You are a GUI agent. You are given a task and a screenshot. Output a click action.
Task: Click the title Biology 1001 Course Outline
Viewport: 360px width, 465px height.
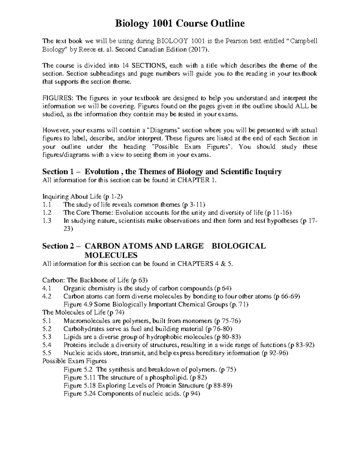(x=180, y=23)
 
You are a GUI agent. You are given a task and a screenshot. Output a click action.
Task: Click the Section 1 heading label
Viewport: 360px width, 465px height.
(x=59, y=172)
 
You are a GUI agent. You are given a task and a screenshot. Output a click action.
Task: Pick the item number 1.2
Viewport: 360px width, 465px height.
(x=47, y=213)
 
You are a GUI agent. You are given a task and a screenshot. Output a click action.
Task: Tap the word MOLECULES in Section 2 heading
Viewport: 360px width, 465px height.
(x=111, y=255)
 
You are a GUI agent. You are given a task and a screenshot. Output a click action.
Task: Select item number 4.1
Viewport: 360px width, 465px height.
(x=47, y=289)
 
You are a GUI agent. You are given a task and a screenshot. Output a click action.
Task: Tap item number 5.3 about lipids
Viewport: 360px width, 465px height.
(x=47, y=337)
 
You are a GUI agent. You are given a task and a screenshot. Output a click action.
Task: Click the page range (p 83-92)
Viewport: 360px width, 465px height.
(x=301, y=345)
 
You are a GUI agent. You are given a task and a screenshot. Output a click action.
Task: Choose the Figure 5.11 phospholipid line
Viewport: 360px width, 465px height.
(x=135, y=378)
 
